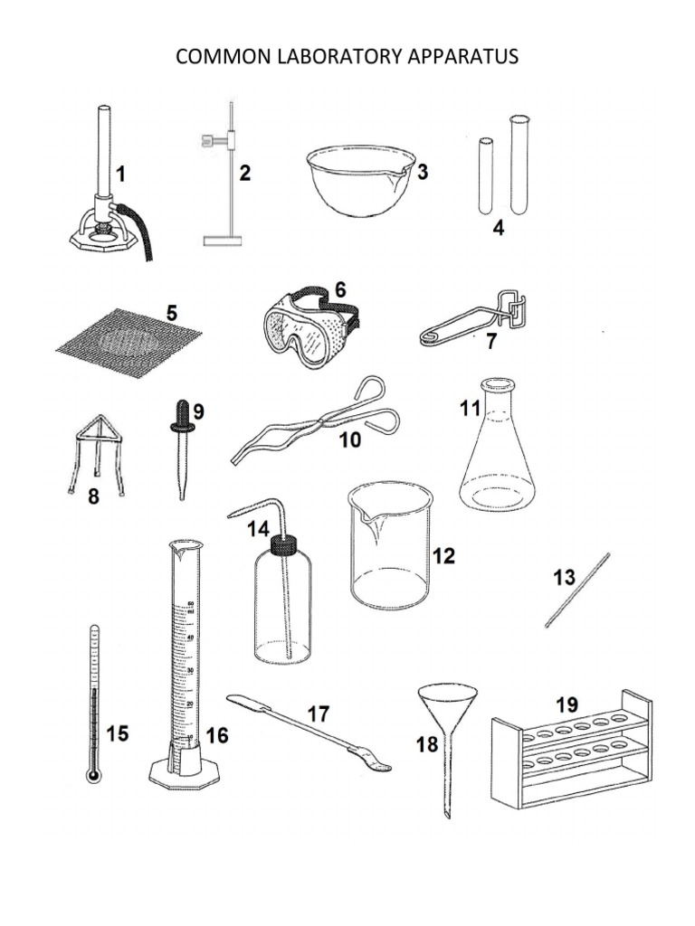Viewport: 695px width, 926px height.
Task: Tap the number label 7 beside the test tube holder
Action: (x=491, y=343)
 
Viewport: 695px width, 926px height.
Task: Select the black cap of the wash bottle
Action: (x=284, y=545)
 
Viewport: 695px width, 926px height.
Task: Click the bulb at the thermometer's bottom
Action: (x=92, y=774)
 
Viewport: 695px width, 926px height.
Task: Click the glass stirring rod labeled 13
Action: (x=577, y=590)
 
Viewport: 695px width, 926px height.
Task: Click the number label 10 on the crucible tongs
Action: (x=350, y=439)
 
